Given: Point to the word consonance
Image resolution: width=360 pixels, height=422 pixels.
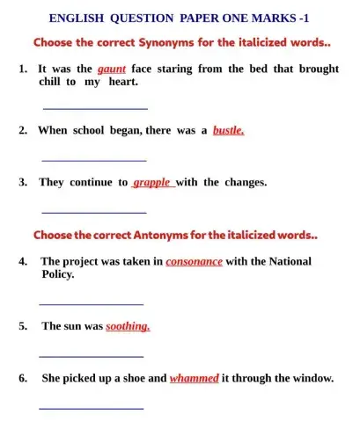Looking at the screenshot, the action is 194,261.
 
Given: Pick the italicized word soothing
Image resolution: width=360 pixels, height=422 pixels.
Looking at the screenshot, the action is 129,325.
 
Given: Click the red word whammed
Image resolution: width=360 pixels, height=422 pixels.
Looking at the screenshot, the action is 194,378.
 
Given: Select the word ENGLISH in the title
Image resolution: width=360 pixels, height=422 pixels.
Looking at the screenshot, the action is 75,17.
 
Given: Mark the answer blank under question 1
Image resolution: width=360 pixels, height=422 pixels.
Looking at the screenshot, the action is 95,108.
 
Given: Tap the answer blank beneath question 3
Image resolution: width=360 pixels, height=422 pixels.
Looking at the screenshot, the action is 94,213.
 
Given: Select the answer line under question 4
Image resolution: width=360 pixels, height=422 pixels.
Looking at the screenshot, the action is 92,303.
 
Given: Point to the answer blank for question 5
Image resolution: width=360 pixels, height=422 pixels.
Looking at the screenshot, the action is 92,356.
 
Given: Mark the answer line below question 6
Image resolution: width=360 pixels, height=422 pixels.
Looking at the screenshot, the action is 92,408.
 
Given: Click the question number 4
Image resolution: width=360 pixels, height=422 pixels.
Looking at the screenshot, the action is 21,261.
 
